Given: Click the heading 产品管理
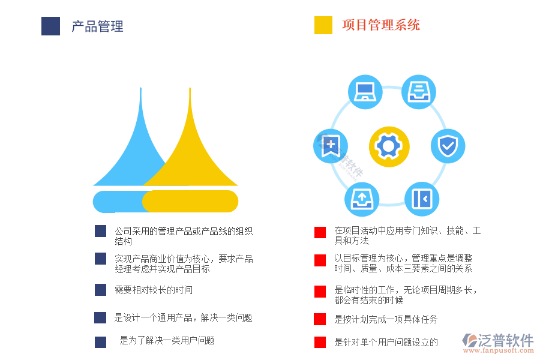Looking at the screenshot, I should pos(97,26).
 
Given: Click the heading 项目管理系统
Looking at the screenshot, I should pos(380,25).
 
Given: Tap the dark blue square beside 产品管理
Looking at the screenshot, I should pos(50,26).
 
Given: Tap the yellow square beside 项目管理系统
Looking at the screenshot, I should pos(323,25).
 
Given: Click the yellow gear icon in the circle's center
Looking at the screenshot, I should pos(389,146).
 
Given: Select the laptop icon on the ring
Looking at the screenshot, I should pos(365,92).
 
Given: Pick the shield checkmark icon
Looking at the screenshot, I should pos(448,146).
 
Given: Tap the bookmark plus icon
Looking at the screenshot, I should pos(331,146).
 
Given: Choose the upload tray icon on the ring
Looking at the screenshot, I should pos(362,199).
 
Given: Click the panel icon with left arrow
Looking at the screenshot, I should pos(421,199).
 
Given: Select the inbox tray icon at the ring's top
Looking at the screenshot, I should pos(418,92).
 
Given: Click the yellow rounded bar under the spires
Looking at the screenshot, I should pos(190,201).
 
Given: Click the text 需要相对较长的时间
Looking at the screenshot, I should pos(154,290).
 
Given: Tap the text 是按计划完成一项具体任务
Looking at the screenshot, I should pos(386,319).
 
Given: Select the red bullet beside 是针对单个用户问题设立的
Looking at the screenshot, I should pos(320,343).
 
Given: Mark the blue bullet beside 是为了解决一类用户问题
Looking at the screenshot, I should pos(100,342).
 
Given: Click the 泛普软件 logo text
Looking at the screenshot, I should pos(505,341).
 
